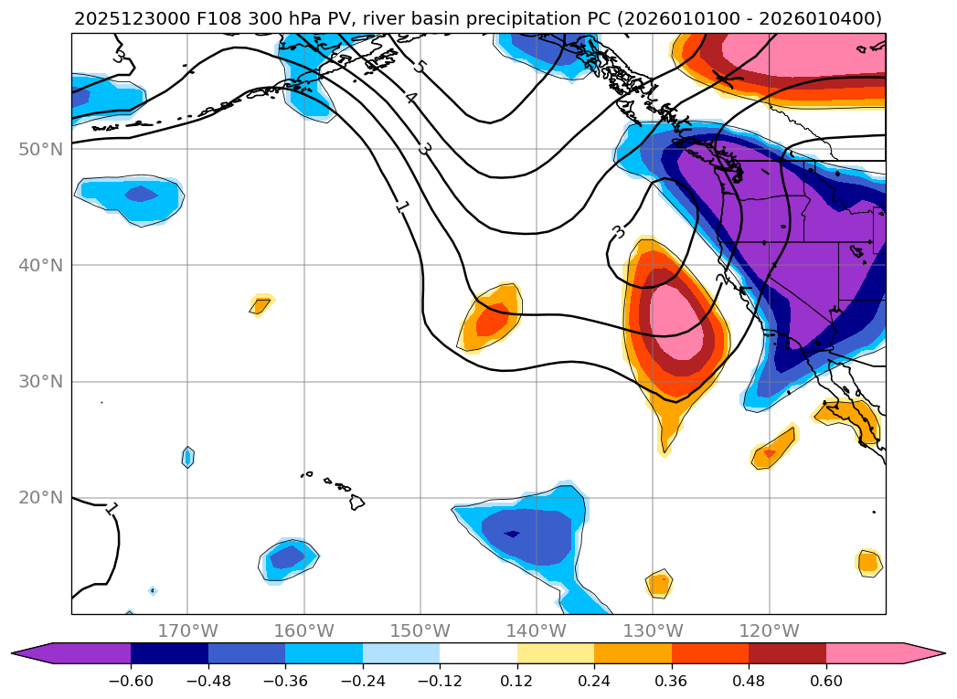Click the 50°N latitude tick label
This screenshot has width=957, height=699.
click(40, 149)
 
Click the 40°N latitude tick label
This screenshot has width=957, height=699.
click(40, 265)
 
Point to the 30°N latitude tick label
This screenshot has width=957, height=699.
click(40, 382)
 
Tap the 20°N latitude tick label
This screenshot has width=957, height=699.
click(40, 498)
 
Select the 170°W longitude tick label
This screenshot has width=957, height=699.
click(187, 631)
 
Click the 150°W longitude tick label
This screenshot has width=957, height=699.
click(420, 631)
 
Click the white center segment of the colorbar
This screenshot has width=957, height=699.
click(478, 652)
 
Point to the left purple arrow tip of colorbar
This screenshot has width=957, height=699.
click(18, 652)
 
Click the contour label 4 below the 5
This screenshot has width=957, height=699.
click(411, 99)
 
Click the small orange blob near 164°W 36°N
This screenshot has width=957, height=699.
click(261, 305)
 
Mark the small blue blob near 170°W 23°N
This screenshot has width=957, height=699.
click(187, 457)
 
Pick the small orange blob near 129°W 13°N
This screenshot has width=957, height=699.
click(659, 582)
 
